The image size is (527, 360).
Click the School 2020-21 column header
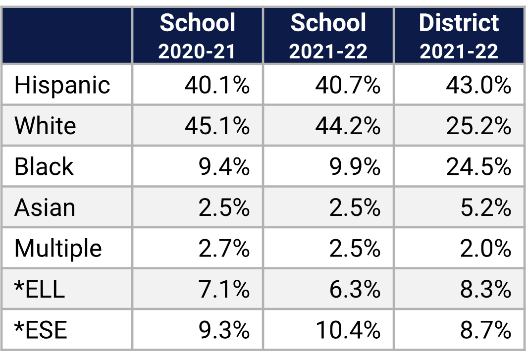tap(197, 36)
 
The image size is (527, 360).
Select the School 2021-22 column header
tap(328, 36)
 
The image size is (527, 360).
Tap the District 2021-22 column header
tap(459, 36)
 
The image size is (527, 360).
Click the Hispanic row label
tap(62, 85)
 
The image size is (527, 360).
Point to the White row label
tap(45, 126)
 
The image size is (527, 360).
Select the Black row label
tap(44, 167)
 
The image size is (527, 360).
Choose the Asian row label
tap(45, 207)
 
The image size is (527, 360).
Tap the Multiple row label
tap(58, 248)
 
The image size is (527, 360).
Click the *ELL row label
tap(40, 289)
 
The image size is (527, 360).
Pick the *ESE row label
tap(41, 330)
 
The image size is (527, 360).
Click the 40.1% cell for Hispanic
tap(217, 85)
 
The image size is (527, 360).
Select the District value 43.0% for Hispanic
tap(478, 85)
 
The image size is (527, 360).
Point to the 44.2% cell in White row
tap(348, 126)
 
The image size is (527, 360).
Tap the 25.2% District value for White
tap(478, 126)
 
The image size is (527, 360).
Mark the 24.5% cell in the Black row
tap(478, 167)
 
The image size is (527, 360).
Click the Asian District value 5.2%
tap(485, 207)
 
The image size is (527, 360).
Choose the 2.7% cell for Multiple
tap(224, 248)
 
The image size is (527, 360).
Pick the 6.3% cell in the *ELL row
tap(355, 289)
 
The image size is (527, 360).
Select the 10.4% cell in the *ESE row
tap(348, 330)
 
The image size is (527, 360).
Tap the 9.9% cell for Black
tap(355, 167)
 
